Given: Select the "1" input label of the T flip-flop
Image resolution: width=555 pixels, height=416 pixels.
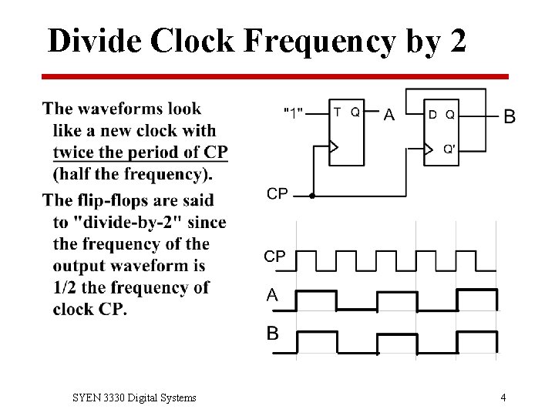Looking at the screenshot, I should tap(293, 112).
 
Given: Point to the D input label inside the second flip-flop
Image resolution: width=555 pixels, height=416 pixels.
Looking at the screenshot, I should tap(432, 115).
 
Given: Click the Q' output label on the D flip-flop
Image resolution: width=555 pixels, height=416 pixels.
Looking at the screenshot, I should tap(449, 149).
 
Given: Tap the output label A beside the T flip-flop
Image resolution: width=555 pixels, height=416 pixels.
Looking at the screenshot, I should tap(389, 116).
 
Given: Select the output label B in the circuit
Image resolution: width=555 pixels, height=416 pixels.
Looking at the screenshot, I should tap(510, 117).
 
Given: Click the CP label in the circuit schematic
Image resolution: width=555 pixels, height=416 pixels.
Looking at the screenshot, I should tap(277, 194).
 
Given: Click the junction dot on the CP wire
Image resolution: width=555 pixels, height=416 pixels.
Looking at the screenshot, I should tap(311, 196).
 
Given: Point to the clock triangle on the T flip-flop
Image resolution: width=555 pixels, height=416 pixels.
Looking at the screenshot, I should tap(334, 146).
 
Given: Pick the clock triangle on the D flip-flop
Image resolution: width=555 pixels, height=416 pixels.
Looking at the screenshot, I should tap(429, 149).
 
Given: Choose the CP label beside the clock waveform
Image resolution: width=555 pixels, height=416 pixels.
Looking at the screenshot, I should tap(275, 257).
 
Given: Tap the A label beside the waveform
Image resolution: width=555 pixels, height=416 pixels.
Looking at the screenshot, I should tap(272, 295).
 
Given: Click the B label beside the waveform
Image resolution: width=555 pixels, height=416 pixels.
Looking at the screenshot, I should tap(273, 334).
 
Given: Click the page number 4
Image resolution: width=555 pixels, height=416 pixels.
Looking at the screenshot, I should tap(503, 398).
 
